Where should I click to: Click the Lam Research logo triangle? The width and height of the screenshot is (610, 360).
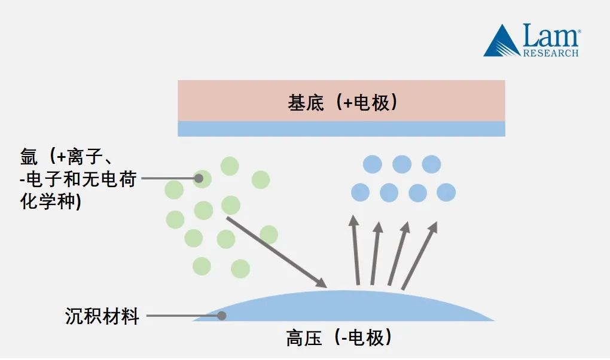[502, 42]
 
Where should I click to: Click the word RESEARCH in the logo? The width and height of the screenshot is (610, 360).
[551, 53]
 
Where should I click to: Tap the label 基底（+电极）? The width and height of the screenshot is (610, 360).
[342, 103]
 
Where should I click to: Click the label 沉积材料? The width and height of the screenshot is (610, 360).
[102, 316]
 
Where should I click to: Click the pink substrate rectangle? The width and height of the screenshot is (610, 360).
[341, 100]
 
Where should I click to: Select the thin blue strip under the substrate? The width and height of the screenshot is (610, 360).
[341, 129]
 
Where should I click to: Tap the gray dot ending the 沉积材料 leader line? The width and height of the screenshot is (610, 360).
[221, 315]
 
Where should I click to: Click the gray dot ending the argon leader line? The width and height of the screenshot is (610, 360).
[199, 178]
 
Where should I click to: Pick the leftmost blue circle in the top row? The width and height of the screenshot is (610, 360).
[373, 164]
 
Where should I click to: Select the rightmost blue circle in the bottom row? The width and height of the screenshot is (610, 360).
[446, 193]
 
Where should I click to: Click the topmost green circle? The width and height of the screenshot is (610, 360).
[230, 166]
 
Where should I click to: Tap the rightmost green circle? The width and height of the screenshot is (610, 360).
[269, 234]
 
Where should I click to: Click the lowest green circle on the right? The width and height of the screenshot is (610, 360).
[240, 269]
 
